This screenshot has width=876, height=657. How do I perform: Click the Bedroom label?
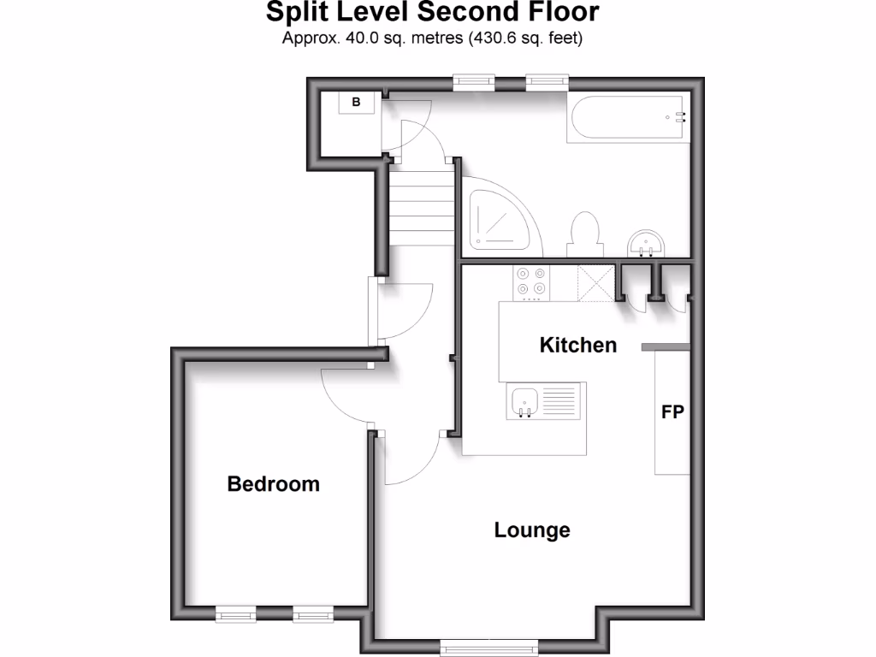tap(273, 484)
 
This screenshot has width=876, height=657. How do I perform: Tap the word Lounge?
tap(531, 530)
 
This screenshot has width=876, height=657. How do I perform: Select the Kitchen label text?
tap(577, 345)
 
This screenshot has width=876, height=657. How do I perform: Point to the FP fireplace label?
tap(672, 412)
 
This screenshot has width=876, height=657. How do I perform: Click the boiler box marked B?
tap(358, 103)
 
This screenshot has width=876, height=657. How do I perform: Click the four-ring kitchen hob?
tap(531, 282)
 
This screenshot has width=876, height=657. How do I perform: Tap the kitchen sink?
tap(524, 402)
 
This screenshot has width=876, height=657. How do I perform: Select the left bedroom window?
tap(235, 613)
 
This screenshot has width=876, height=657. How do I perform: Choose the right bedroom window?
tap(313, 613)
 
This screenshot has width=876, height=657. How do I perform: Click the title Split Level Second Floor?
tap(432, 13)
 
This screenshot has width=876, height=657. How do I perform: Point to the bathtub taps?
tap(680, 117)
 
